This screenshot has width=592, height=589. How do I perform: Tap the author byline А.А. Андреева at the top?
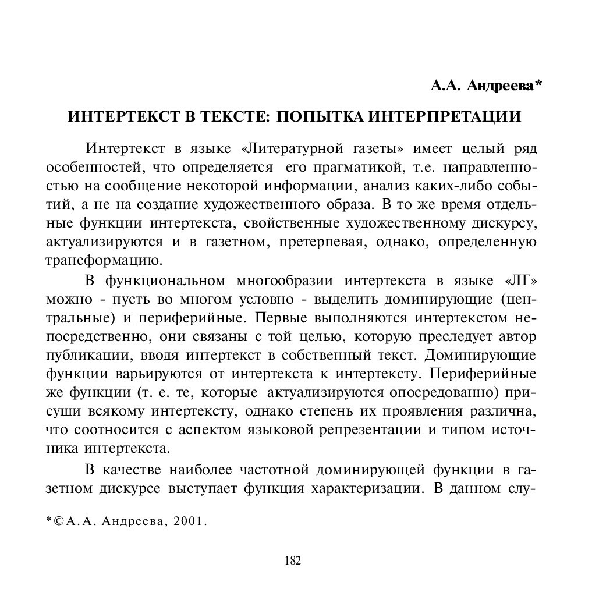(486, 86)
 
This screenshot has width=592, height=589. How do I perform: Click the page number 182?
(293, 561)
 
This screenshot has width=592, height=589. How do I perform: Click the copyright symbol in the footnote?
(59, 521)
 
